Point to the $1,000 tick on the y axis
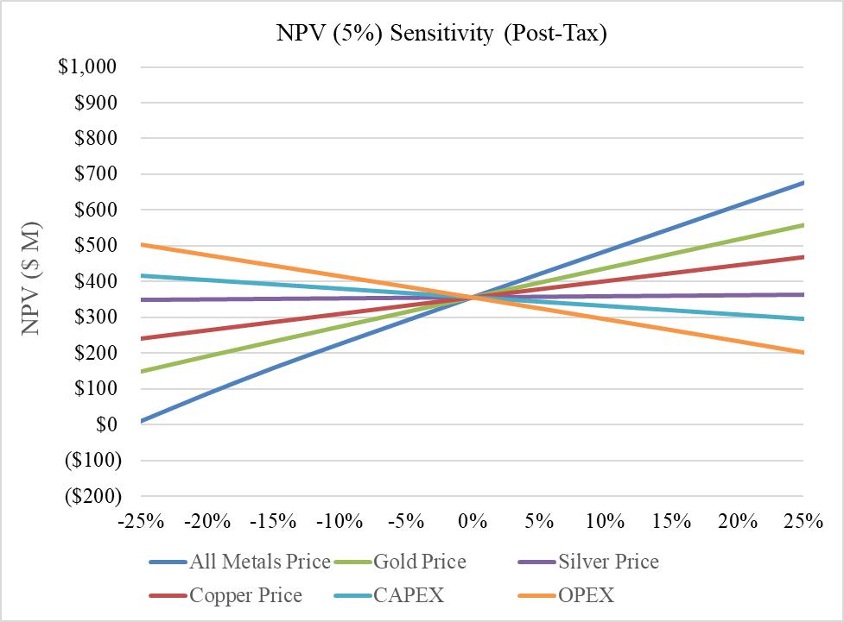point(87,67)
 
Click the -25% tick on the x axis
point(142,522)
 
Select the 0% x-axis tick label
point(473,522)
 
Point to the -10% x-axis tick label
point(340,522)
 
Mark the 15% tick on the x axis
point(671,522)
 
